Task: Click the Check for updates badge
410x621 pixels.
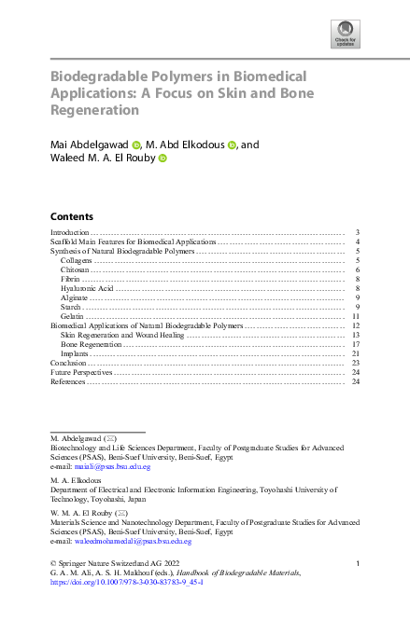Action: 346,34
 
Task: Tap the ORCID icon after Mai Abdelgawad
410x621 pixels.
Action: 135,145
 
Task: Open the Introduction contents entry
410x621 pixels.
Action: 69,231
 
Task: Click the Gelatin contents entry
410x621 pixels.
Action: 73,317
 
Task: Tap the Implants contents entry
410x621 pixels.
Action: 75,353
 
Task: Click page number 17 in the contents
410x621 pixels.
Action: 356,344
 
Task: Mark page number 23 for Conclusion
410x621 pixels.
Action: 356,363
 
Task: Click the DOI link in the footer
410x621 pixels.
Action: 127,582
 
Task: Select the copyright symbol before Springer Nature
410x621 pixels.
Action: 52,563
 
